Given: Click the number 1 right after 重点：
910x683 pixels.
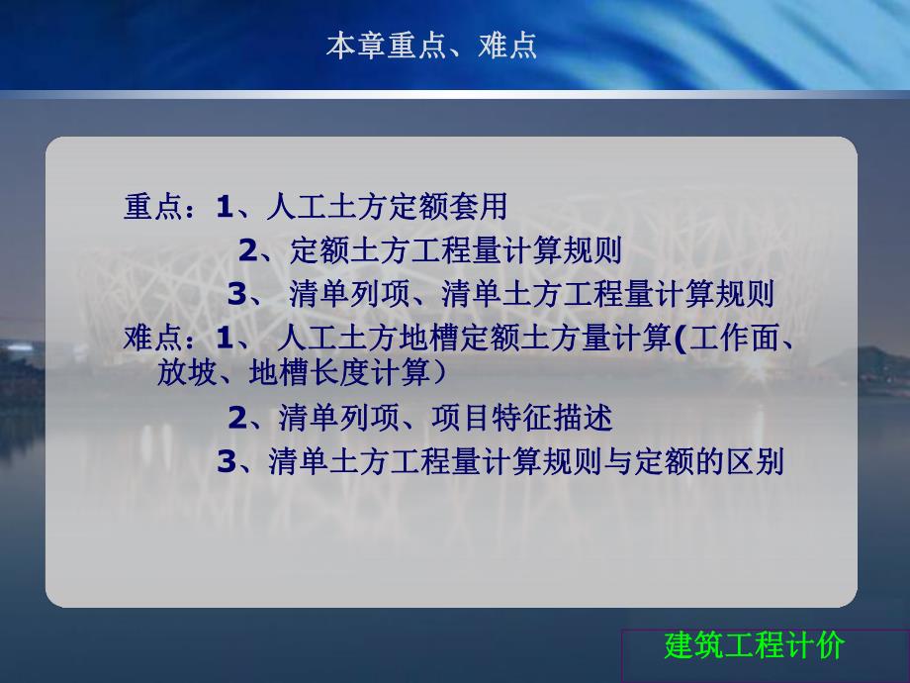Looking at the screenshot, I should [x=224, y=207].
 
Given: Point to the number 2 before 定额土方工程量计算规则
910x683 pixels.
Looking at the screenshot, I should [x=247, y=250].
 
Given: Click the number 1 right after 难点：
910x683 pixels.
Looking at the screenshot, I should [x=224, y=339].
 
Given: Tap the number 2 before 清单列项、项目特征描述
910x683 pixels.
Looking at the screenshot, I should [x=236, y=418].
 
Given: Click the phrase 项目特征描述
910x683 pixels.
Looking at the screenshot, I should [x=521, y=418].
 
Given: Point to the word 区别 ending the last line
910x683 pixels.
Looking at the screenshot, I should [x=759, y=462].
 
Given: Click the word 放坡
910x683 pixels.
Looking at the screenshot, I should [x=181, y=373].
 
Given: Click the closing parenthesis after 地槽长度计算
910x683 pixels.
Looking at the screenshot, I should [x=437, y=373].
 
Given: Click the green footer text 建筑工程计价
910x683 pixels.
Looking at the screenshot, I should [x=754, y=646].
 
